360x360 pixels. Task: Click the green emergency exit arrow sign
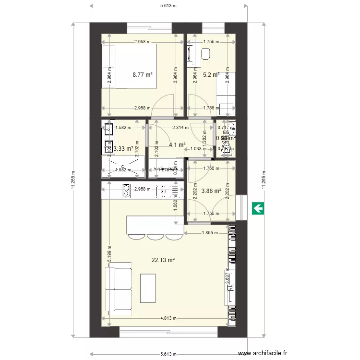coord(258,208)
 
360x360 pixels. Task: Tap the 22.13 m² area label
coord(163,260)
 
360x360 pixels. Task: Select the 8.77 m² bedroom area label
coord(143,75)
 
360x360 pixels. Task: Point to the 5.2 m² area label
coord(211,75)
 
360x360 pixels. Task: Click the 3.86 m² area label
coord(211,191)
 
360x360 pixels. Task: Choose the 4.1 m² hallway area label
coord(177,144)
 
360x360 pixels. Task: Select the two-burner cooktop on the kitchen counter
coord(126,191)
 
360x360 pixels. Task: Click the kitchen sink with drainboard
coord(168,192)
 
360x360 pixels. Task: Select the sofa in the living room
coord(119,289)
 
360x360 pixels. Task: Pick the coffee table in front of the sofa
coord(148,288)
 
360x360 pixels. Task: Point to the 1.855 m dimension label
coord(208,233)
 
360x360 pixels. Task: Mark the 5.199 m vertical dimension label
coord(109,259)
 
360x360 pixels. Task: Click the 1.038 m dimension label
coord(196,149)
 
